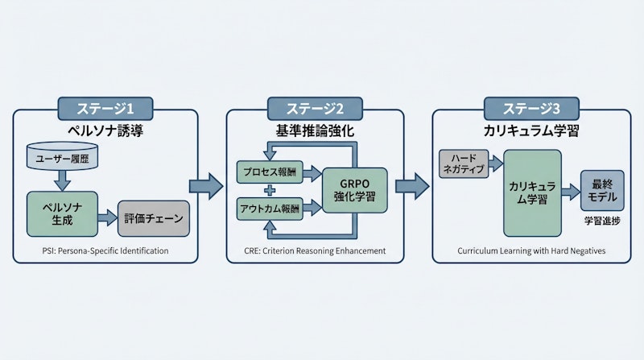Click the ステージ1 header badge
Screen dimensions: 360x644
(x=105, y=108)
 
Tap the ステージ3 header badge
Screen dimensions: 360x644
(x=531, y=108)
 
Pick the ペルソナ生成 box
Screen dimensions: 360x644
(x=60, y=213)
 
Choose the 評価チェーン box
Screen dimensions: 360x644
(x=155, y=217)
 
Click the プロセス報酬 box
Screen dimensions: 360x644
(x=270, y=172)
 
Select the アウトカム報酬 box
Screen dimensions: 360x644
(x=270, y=208)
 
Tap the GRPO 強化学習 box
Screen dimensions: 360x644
(x=354, y=190)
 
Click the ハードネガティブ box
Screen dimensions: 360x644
(x=464, y=163)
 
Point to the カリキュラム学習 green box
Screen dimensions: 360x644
(x=532, y=192)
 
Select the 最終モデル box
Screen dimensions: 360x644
(x=602, y=191)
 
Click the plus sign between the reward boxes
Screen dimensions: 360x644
(x=270, y=190)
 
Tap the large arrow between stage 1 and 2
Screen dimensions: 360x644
(x=205, y=185)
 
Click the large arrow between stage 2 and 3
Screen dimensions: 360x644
(x=412, y=185)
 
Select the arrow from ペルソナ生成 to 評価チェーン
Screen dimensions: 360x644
(x=105, y=217)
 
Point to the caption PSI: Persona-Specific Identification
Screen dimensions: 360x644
(x=105, y=250)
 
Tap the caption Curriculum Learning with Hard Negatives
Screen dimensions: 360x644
(x=531, y=250)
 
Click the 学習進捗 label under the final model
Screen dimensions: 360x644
(x=602, y=219)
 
